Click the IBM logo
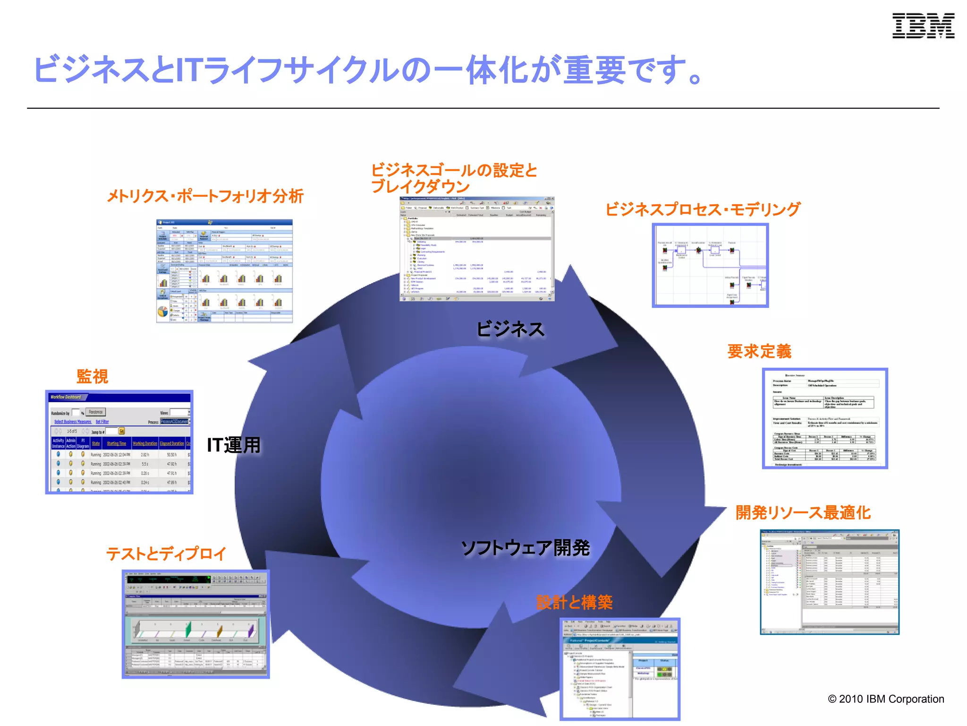click(x=923, y=26)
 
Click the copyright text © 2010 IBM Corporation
click(x=886, y=699)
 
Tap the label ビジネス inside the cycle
click(x=510, y=329)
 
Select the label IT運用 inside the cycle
click(x=234, y=445)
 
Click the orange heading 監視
click(x=93, y=376)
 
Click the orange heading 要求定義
click(x=759, y=351)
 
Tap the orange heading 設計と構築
click(x=574, y=602)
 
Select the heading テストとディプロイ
click(x=166, y=553)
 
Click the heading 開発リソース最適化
click(x=803, y=512)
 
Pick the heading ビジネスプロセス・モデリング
click(x=703, y=209)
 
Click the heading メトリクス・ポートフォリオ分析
click(x=205, y=196)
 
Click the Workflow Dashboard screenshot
click(x=119, y=442)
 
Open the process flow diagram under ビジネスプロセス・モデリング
click(x=710, y=266)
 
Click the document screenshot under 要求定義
click(x=825, y=419)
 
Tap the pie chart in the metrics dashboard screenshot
click(x=162, y=312)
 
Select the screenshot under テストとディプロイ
click(x=195, y=624)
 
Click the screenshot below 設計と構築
click(x=620, y=669)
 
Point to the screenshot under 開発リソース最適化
click(x=830, y=582)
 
